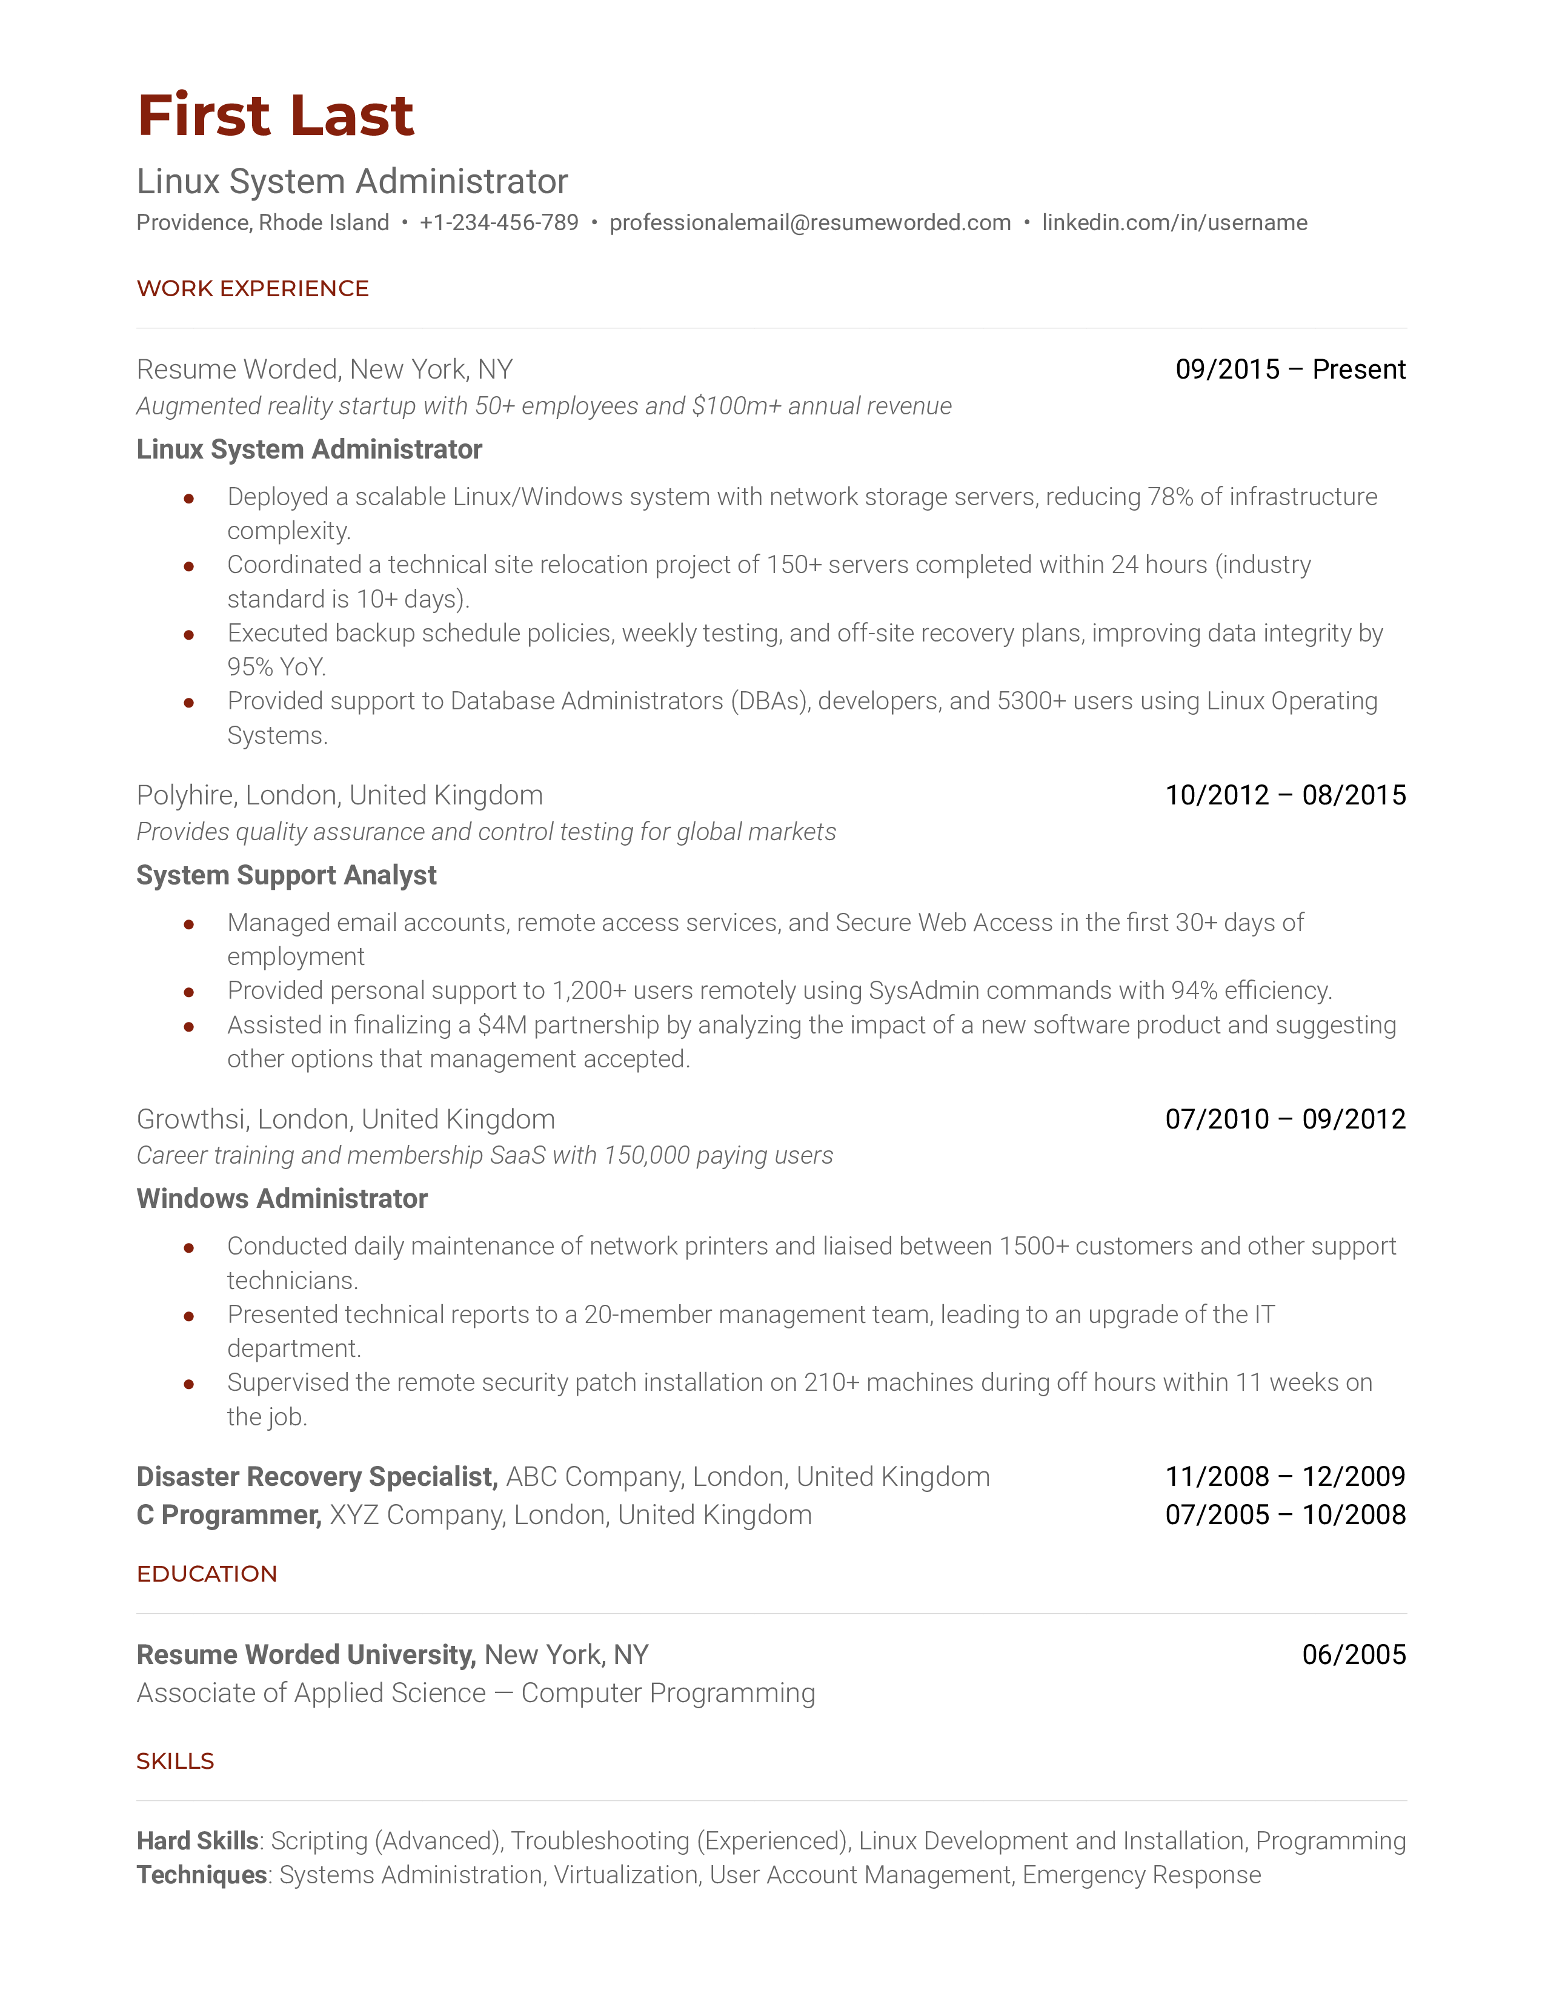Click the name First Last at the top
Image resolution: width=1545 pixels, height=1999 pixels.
click(276, 116)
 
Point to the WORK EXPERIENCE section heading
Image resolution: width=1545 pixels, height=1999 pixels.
click(253, 289)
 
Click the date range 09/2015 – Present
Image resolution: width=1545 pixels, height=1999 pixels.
click(1290, 370)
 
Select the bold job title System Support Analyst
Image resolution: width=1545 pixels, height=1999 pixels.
click(287, 876)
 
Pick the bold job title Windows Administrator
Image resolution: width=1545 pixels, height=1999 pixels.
click(282, 1199)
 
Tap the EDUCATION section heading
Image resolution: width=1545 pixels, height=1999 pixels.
click(207, 1574)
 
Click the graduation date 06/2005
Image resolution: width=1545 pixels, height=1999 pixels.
click(1354, 1655)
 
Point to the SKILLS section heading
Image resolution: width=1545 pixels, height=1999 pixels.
click(175, 1762)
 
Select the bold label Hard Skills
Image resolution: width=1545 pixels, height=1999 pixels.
click(198, 1842)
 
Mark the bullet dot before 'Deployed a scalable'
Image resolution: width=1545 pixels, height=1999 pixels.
click(188, 499)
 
